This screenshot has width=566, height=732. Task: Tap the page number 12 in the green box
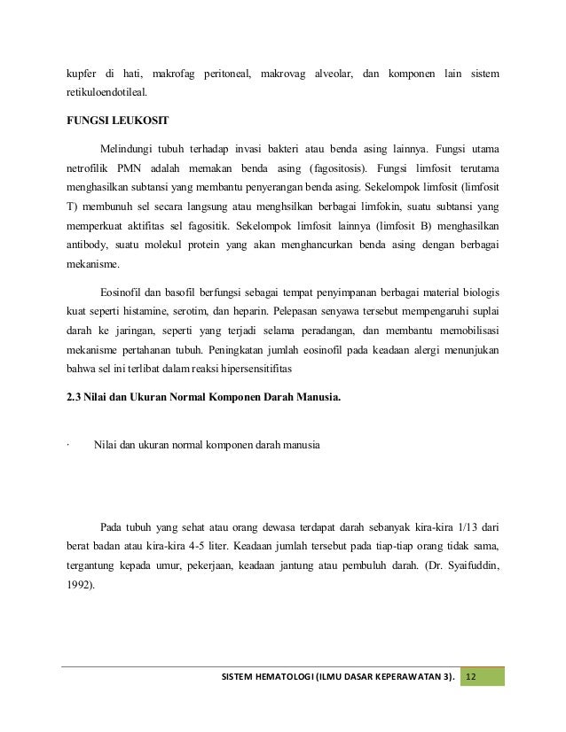pyautogui.click(x=471, y=678)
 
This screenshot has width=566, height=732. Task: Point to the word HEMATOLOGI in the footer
pyautogui.click(x=288, y=678)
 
